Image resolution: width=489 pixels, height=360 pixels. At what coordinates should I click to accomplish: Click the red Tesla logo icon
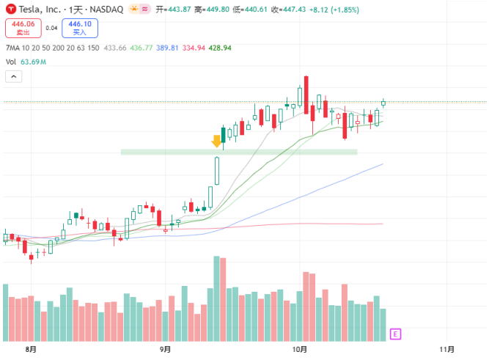[x=10, y=9]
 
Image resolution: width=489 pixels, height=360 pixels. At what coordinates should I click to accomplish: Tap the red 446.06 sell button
[x=21, y=28]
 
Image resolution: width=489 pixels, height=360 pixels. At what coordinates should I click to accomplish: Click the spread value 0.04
[x=51, y=28]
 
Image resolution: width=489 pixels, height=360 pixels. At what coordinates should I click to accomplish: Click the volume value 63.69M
[x=34, y=62]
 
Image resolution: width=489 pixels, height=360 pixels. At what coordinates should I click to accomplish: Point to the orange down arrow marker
[x=216, y=141]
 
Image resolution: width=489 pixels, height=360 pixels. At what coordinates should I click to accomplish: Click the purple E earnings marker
[x=395, y=334]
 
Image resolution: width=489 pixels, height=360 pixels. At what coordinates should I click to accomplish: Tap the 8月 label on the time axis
[x=30, y=350]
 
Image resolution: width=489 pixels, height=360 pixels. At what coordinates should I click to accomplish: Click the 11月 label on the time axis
[x=447, y=350]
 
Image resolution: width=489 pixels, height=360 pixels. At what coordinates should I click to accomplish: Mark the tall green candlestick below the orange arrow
[x=217, y=171]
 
